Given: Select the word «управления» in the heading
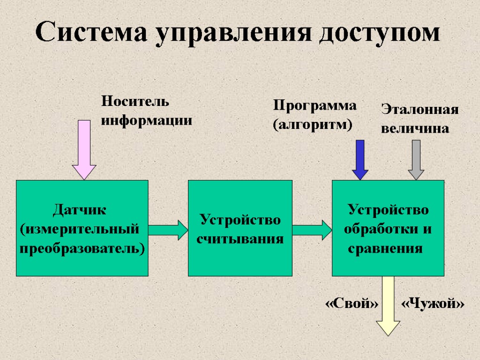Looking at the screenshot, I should (x=233, y=34).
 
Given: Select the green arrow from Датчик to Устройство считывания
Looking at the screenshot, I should (x=168, y=229).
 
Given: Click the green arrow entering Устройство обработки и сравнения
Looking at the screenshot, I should (x=312, y=229).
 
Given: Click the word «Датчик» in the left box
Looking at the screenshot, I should (x=80, y=210).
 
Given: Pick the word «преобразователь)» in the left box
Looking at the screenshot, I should (x=82, y=248).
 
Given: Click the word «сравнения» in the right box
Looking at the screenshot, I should (x=385, y=248).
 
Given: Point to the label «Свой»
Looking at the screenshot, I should (x=352, y=304).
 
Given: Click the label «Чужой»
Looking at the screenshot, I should (x=433, y=304).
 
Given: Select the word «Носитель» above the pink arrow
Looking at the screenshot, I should (x=135, y=101).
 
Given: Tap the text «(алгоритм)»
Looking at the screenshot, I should (x=312, y=125).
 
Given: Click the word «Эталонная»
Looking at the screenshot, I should (x=419, y=110).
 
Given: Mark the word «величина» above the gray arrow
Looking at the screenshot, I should (x=415, y=128).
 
